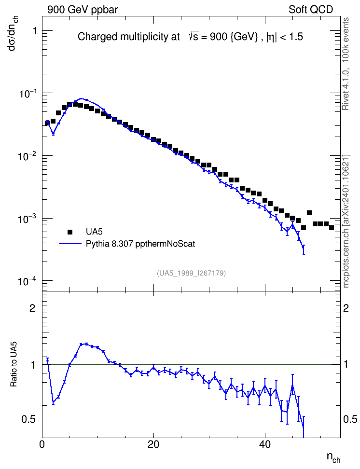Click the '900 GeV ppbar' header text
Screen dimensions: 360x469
(83, 10)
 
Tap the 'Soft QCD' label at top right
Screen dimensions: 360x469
(311, 10)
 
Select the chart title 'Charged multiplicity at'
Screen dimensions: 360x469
(129, 37)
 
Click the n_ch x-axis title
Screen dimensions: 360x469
(333, 457)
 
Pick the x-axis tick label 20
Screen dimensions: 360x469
(153, 444)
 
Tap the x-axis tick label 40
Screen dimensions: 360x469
(265, 444)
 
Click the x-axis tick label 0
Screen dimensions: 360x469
(42, 444)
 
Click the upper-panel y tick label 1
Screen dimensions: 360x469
(34, 31)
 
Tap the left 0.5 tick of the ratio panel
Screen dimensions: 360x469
(29, 420)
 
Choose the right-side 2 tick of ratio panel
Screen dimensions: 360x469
(346, 308)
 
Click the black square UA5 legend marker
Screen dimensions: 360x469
(70, 232)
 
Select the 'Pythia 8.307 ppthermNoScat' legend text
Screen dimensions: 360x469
(140, 244)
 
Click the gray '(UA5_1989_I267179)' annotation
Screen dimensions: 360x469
(191, 273)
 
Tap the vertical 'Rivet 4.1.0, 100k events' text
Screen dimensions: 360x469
(346, 64)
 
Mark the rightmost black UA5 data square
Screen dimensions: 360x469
(331, 228)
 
